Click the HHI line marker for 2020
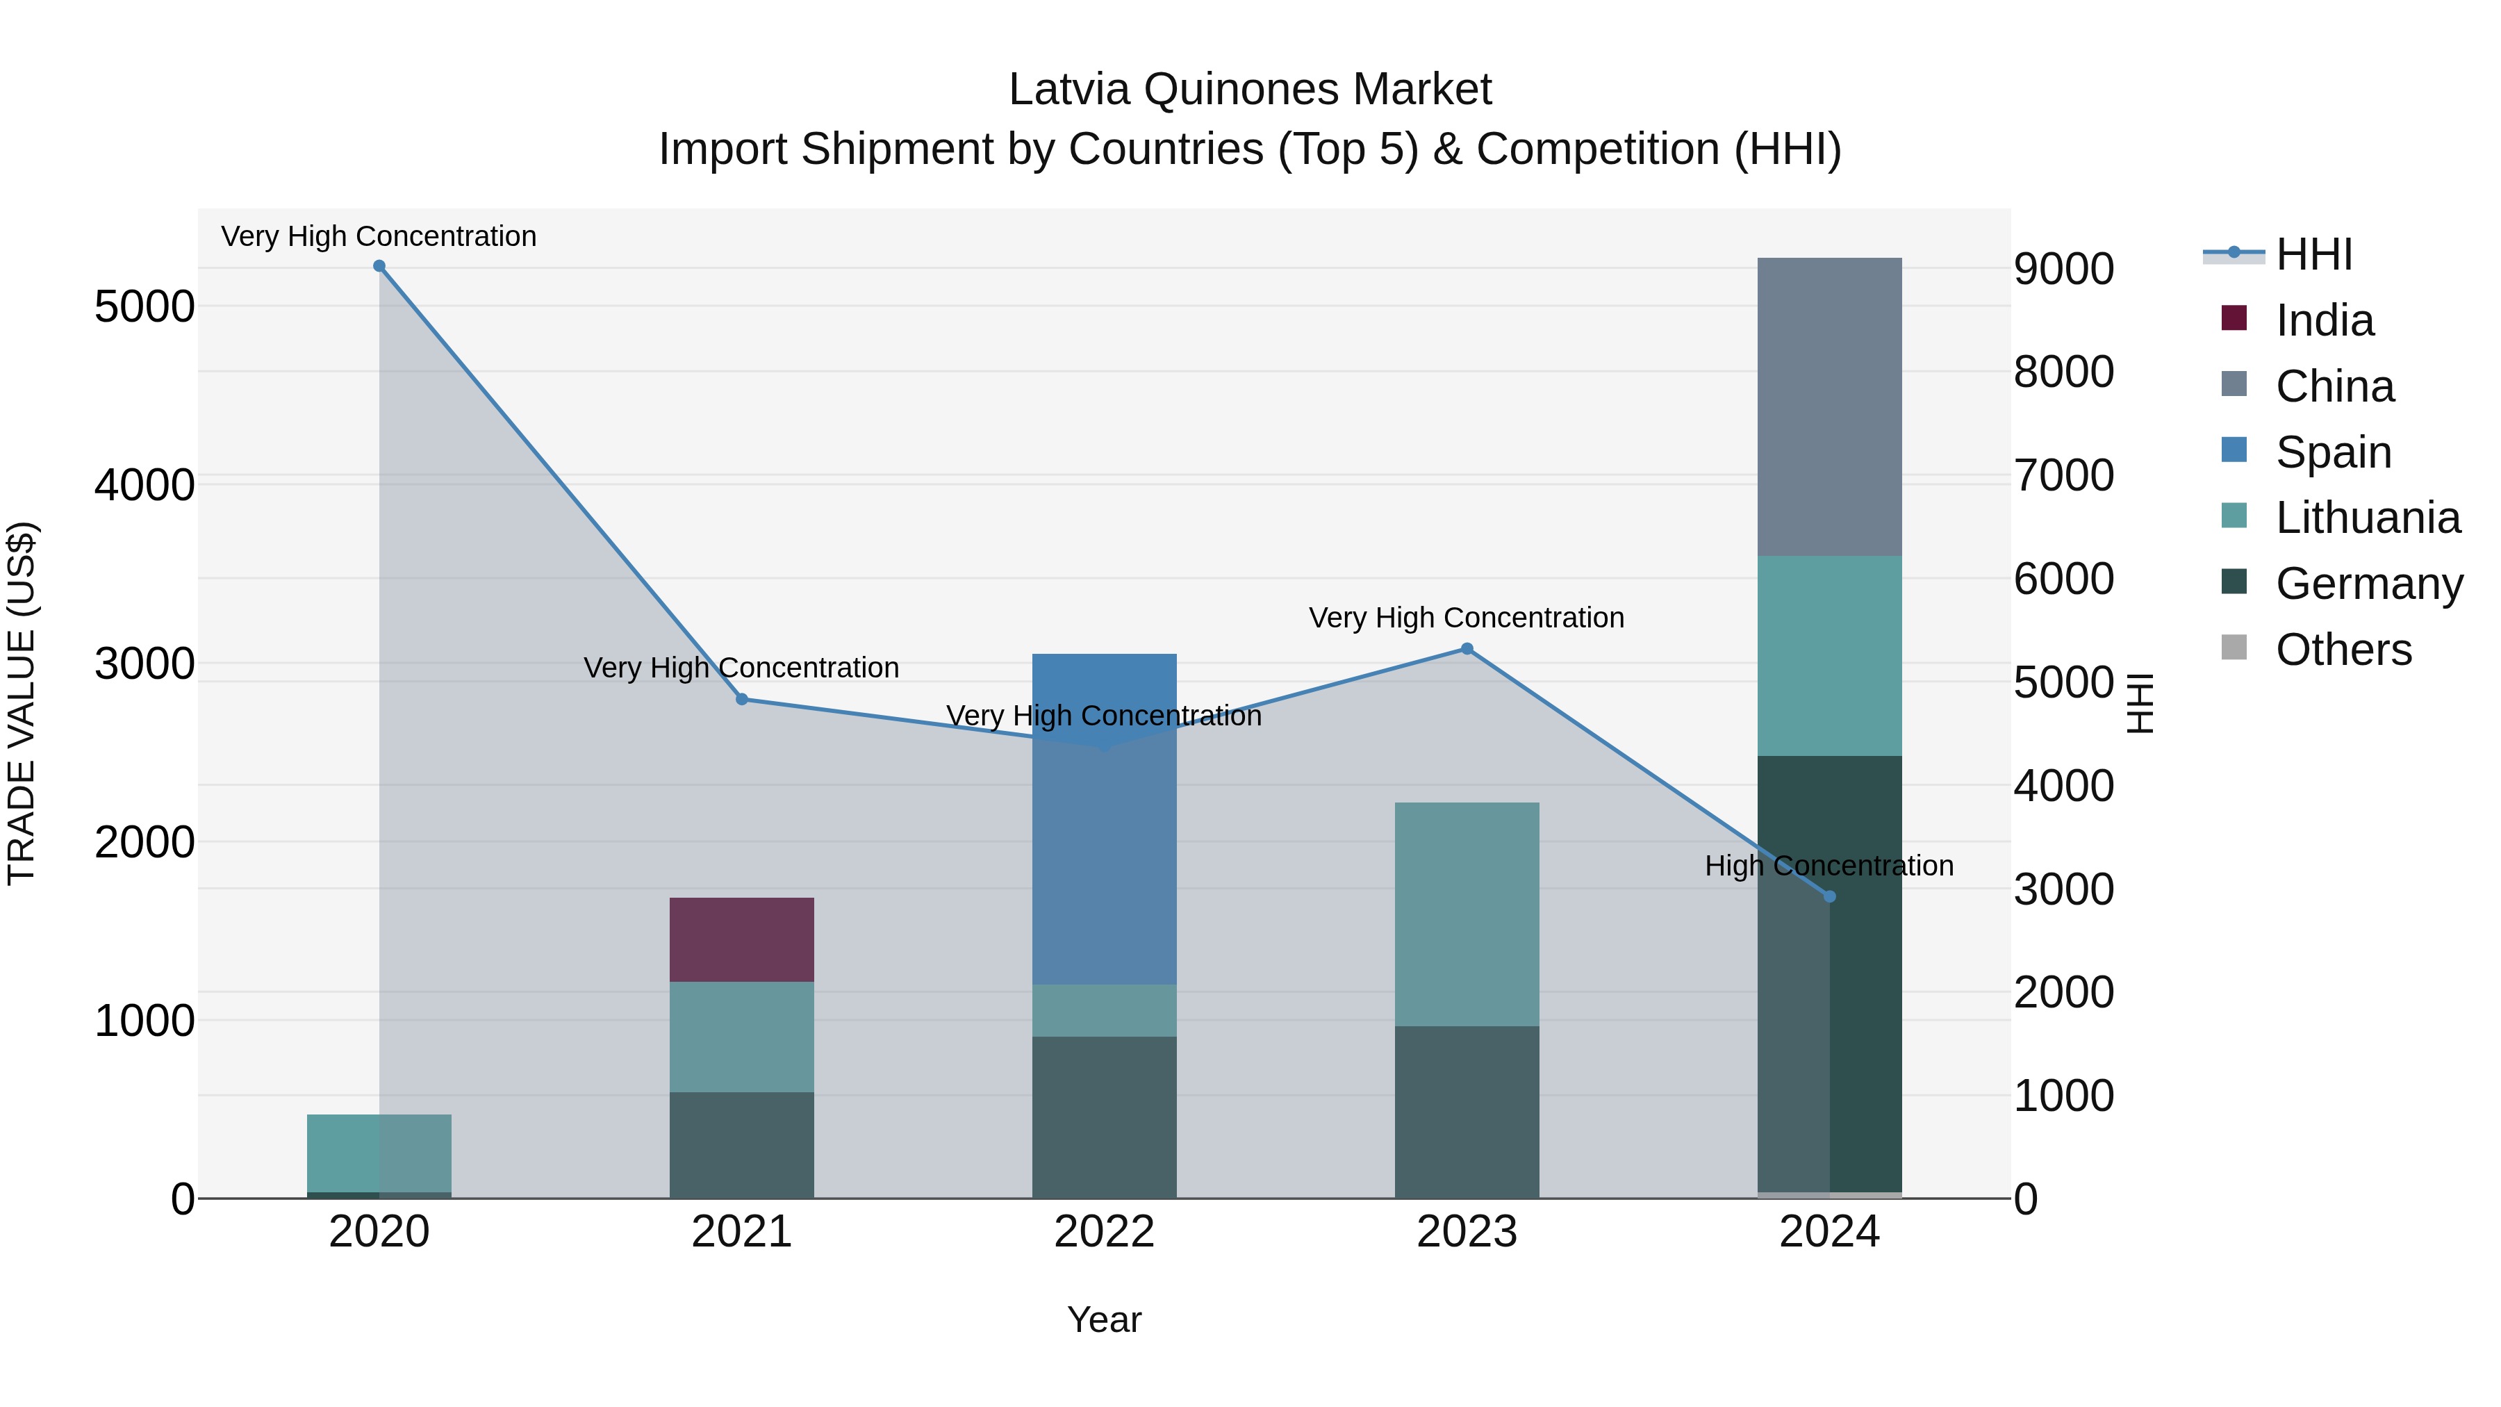(379, 266)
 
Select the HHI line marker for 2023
(1467, 649)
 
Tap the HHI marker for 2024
(1830, 896)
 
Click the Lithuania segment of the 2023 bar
(1467, 913)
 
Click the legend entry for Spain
(2333, 452)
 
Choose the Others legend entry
(2343, 649)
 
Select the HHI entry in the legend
(2313, 254)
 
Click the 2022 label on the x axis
(1104, 1231)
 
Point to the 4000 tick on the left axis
(145, 484)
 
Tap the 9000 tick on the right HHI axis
(2063, 269)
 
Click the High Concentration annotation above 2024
(1829, 865)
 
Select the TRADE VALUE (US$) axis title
(22, 703)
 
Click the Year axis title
(1104, 1319)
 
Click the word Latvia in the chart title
(1069, 90)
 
